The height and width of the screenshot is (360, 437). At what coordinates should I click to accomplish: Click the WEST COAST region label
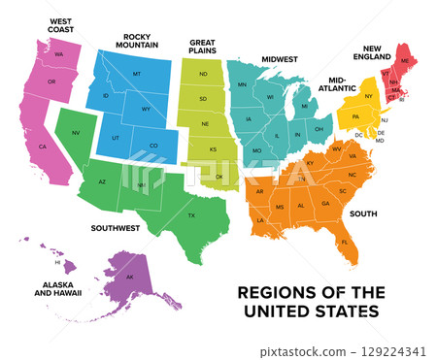coord(60,24)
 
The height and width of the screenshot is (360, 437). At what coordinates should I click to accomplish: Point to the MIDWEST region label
coord(279,59)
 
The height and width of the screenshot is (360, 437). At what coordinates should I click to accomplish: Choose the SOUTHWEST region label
coord(116,229)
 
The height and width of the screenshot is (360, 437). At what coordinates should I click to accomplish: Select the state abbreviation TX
coord(191,214)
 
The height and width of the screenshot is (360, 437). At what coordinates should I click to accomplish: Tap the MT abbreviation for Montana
coord(137,75)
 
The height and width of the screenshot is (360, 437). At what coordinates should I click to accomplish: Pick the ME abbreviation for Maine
coord(405,61)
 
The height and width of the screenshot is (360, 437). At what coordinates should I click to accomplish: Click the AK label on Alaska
coord(130,278)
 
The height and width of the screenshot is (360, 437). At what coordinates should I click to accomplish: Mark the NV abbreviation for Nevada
coord(76,132)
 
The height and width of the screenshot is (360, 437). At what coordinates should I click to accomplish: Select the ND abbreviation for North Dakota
coord(203,74)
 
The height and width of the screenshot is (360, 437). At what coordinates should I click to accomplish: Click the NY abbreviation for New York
coord(368,96)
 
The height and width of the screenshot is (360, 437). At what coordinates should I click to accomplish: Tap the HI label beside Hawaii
coord(58,262)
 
